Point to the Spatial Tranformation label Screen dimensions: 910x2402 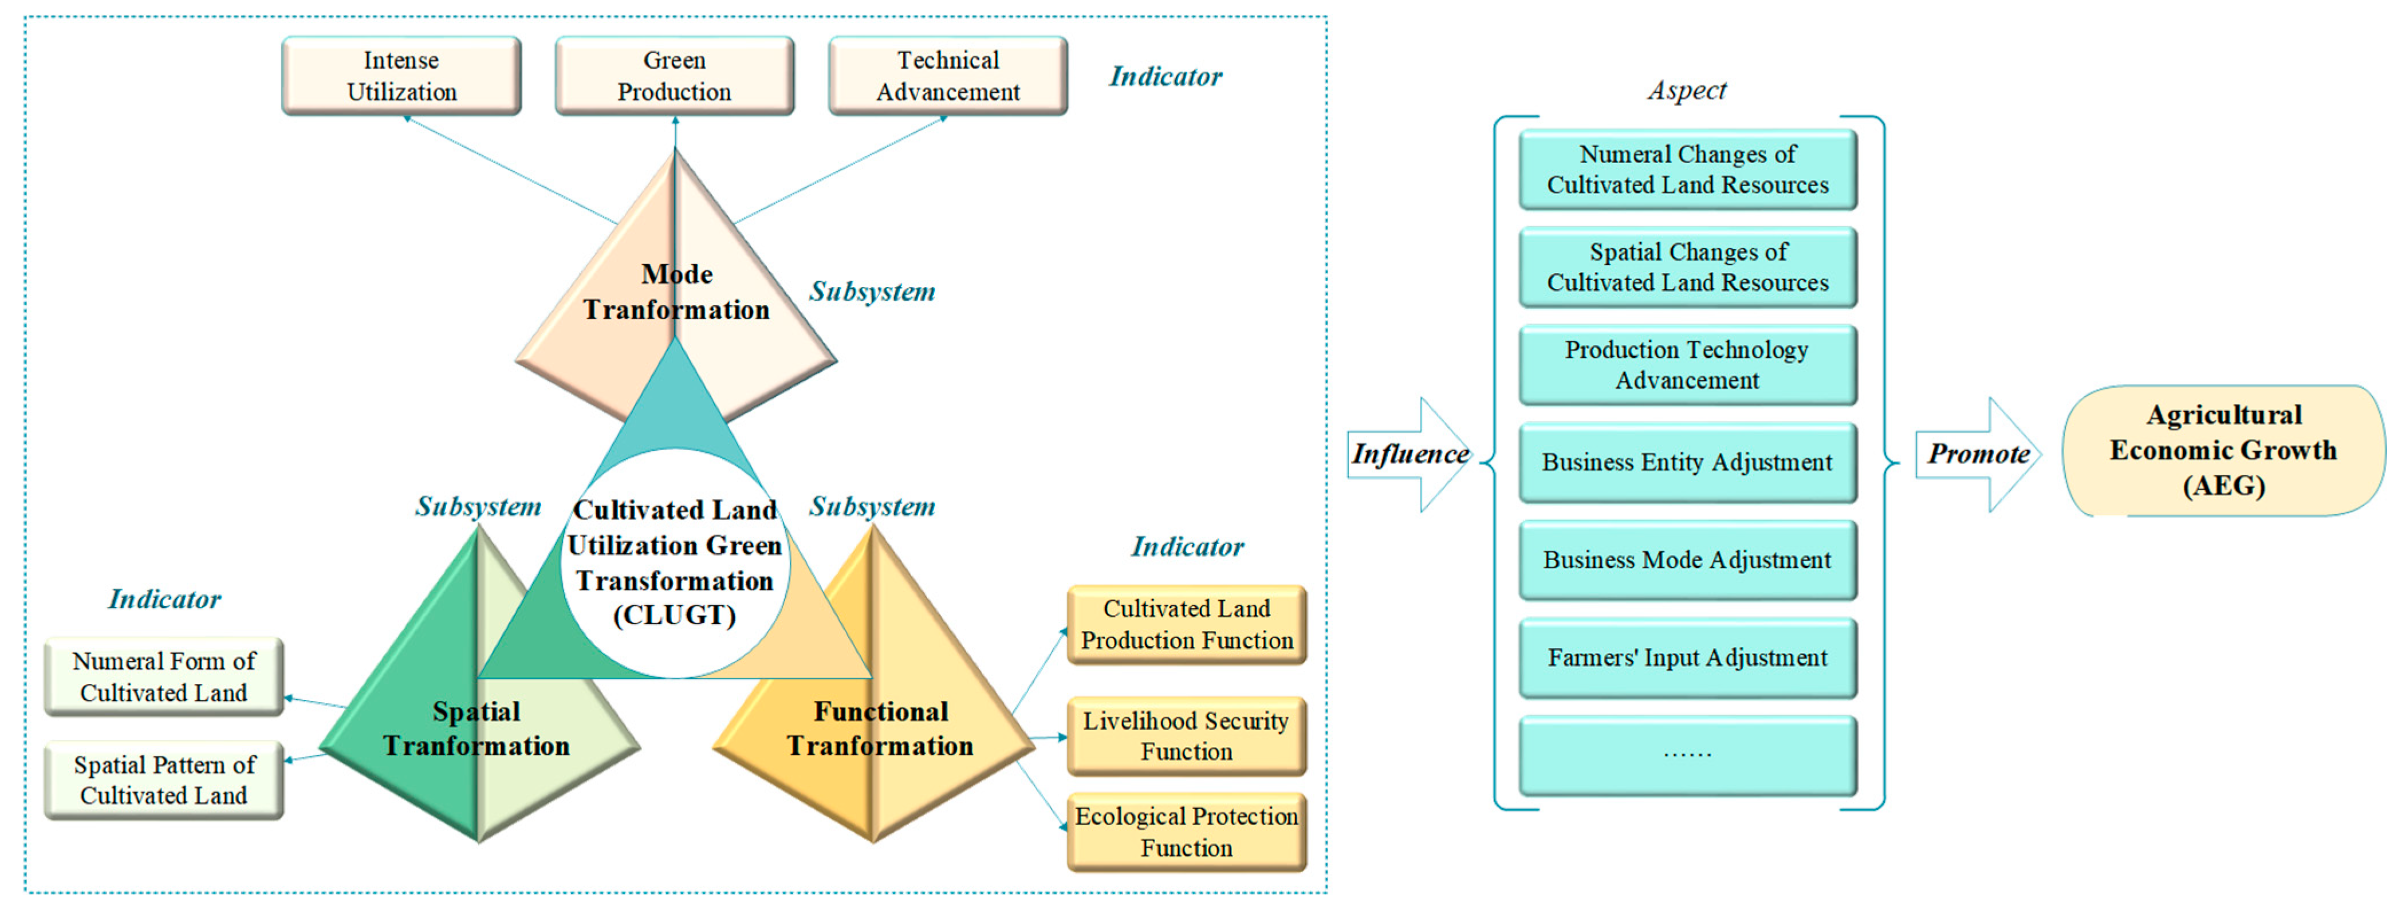click(477, 728)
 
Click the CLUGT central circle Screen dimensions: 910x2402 click(674, 562)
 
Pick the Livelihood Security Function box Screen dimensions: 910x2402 click(1186, 736)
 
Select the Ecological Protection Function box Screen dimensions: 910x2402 click(1186, 832)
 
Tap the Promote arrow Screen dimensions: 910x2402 click(1978, 454)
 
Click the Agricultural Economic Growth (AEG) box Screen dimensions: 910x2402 click(2223, 450)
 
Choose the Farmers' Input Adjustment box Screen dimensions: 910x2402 click(1687, 658)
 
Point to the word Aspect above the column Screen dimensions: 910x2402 click(1687, 90)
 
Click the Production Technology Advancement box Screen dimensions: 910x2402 click(1687, 365)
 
